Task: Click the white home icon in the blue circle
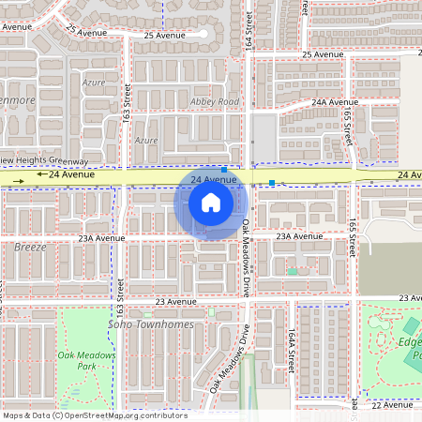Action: (211, 203)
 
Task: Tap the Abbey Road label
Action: (215, 101)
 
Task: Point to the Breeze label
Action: (30, 247)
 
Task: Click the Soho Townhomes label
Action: (151, 324)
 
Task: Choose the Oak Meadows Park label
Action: (86, 361)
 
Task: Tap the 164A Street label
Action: (292, 348)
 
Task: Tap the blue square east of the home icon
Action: (272, 182)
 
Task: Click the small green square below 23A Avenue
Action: (292, 271)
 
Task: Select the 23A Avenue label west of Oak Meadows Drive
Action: (101, 238)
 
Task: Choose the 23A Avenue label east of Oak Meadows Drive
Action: (298, 236)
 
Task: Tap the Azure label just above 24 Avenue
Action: (145, 140)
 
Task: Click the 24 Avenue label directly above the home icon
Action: (214, 178)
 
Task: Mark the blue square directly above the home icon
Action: (224, 170)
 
